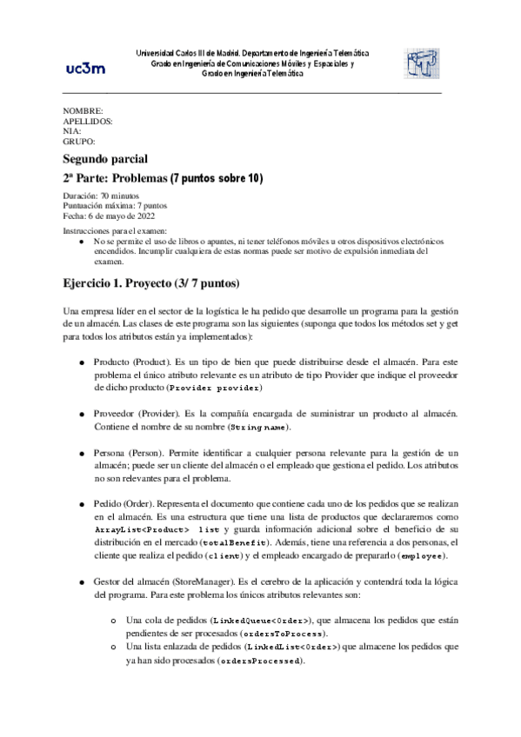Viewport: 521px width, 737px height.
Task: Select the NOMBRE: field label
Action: pos(83,112)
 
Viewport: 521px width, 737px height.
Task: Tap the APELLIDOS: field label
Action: pos(88,122)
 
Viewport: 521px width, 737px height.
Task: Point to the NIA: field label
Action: pos(72,131)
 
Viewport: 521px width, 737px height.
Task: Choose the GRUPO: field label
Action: pos(79,141)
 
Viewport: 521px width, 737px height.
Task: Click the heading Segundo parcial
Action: pos(106,158)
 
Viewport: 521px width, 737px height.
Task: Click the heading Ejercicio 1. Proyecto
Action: pos(151,283)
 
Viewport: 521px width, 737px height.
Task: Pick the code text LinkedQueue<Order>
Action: pos(270,620)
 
